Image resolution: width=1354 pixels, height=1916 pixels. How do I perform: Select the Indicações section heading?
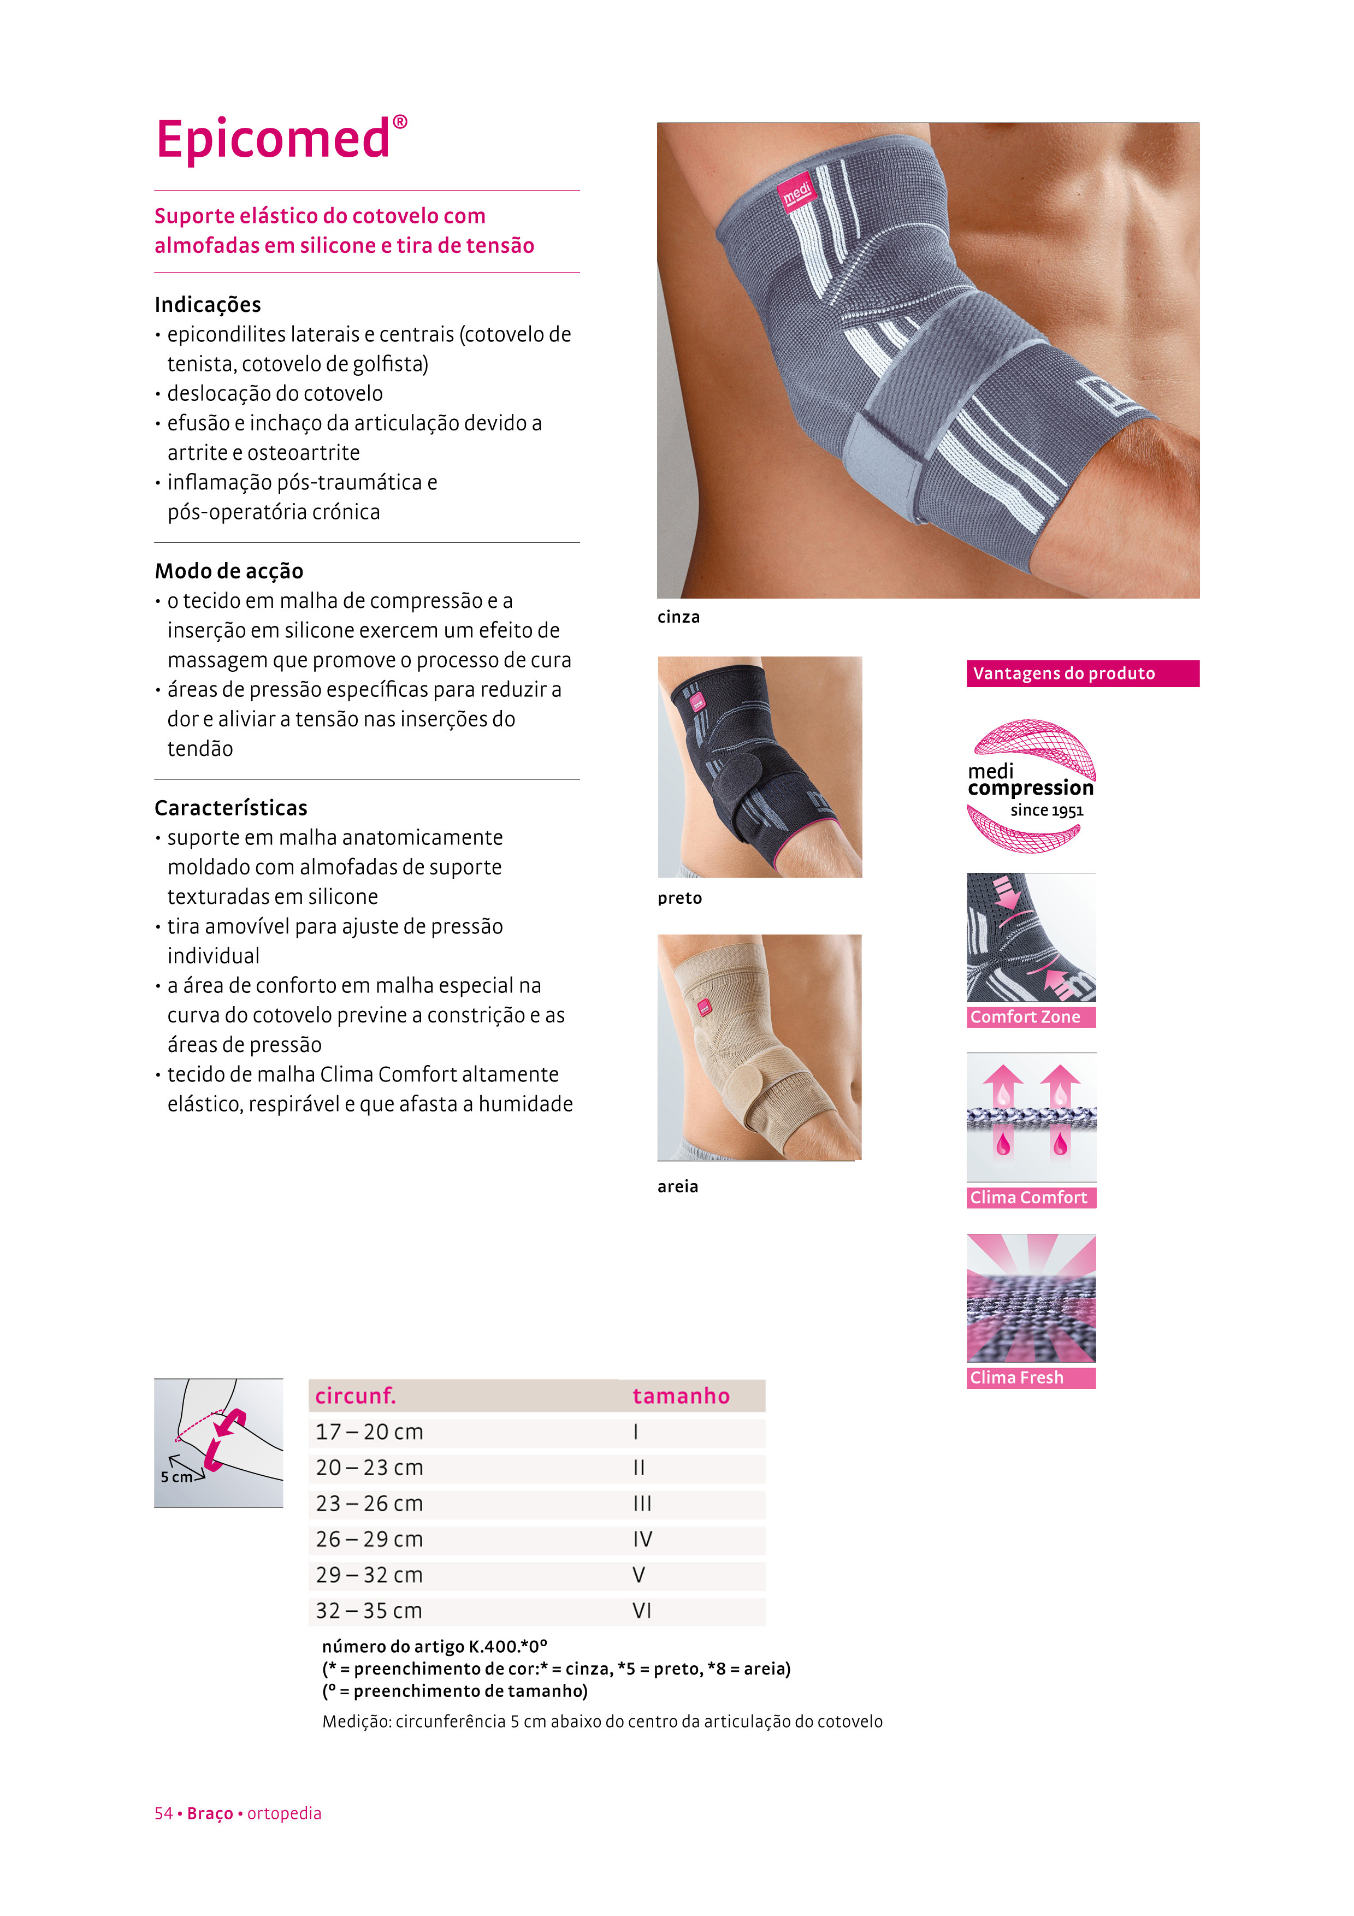click(x=208, y=305)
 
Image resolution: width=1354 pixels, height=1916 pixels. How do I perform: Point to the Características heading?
click(x=231, y=808)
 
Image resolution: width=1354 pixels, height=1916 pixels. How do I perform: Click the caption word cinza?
click(x=678, y=618)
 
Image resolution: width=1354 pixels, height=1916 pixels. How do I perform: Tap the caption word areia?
click(x=677, y=1187)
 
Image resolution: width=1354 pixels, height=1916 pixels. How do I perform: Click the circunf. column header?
click(x=356, y=1396)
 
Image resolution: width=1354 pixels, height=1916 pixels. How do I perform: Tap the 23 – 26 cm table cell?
click(x=370, y=1504)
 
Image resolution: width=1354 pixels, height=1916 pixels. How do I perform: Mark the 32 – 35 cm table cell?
click(x=370, y=1611)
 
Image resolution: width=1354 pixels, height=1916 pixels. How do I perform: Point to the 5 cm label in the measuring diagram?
click(x=176, y=1477)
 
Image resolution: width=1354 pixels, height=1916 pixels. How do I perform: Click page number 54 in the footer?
click(x=163, y=1813)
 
